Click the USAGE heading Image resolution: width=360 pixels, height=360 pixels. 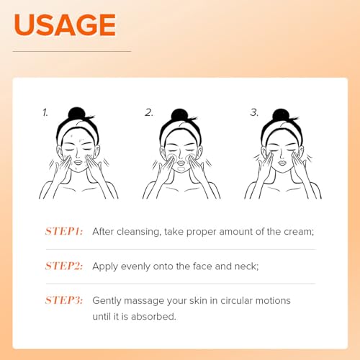tap(65, 24)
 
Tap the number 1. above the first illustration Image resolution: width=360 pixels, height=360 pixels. tap(45, 112)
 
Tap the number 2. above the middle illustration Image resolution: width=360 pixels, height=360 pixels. tap(149, 112)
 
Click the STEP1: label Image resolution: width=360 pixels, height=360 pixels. tap(64, 231)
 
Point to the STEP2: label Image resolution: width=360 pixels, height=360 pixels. tap(64, 266)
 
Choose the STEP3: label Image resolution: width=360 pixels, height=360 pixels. tap(64, 300)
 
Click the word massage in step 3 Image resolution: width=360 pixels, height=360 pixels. tap(148, 300)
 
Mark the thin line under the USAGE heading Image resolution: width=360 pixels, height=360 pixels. tap(72, 51)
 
